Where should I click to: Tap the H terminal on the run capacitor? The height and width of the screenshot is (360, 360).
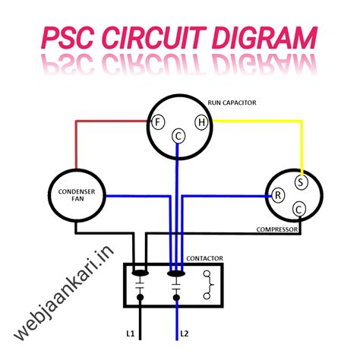(x=201, y=122)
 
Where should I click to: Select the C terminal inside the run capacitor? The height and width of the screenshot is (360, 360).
(x=178, y=136)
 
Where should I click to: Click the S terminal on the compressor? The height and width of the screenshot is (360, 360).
(x=302, y=182)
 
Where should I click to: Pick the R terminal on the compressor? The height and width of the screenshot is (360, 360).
(x=279, y=195)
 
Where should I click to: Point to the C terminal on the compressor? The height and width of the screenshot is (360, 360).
(x=300, y=209)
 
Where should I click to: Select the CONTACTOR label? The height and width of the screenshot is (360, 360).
(x=205, y=258)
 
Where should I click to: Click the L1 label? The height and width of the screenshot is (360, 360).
(x=131, y=333)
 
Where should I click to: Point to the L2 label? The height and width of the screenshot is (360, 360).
(x=184, y=333)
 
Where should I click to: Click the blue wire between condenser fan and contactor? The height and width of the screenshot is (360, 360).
(x=137, y=196)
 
